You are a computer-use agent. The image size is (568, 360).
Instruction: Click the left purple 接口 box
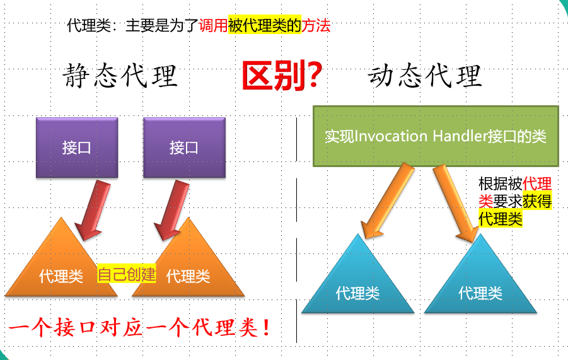pos(77,148)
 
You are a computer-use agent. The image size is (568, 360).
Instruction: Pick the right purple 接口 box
pos(184,148)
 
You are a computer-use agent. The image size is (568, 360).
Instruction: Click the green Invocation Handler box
pos(436,136)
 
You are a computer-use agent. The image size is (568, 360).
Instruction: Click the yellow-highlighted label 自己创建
pos(126,275)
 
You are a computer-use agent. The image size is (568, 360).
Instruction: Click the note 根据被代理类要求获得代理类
pos(515,201)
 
